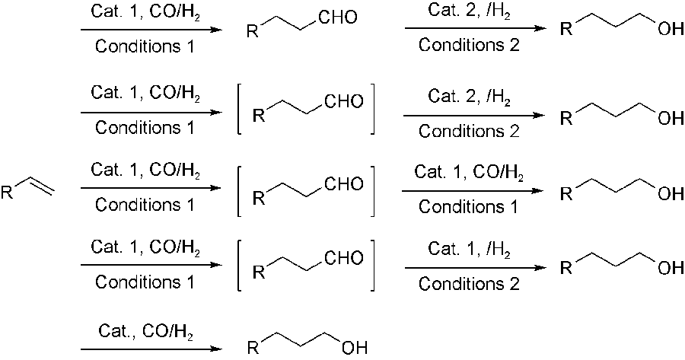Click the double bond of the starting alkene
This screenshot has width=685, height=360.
[41, 187]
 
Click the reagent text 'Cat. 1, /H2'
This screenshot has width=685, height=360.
[469, 249]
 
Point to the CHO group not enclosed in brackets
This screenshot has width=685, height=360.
[338, 17]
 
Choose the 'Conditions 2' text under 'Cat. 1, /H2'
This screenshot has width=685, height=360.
[469, 283]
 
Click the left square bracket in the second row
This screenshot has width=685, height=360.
[241, 111]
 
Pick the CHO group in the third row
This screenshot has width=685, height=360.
[343, 184]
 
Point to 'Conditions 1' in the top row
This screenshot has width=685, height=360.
[145, 47]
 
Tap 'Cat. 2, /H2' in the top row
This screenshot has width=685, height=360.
[469, 13]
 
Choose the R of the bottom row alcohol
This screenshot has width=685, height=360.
[254, 349]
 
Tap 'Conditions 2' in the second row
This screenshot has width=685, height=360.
[469, 131]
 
